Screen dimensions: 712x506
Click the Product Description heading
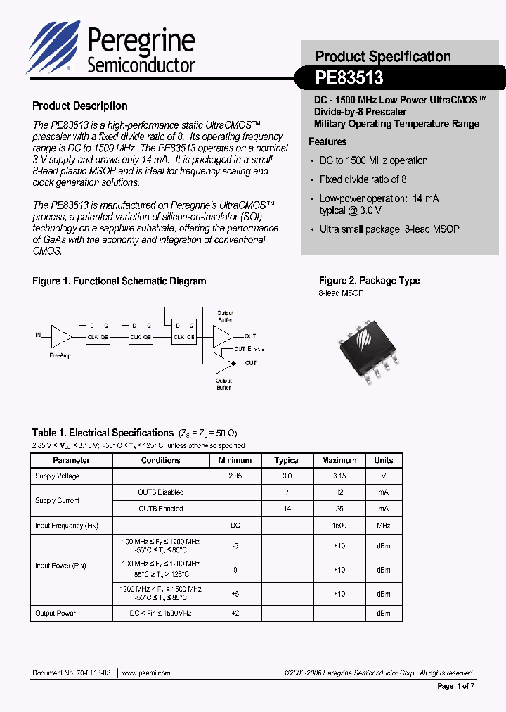(80, 106)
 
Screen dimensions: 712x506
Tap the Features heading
(327, 141)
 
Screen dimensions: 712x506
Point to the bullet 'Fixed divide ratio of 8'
(363, 179)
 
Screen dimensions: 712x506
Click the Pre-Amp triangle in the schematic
(61, 338)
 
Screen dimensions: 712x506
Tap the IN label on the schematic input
(39, 336)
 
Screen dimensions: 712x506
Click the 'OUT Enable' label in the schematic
(249, 349)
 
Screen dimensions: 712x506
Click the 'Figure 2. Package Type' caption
(369, 281)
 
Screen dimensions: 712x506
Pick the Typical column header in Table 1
(287, 461)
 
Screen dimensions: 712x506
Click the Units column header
(384, 461)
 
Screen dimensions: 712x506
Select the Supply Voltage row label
(58, 476)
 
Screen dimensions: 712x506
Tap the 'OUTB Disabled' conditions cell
(161, 492)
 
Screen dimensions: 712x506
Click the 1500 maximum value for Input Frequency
(339, 526)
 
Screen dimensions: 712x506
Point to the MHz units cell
(384, 526)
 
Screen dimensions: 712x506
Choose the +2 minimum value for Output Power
(235, 614)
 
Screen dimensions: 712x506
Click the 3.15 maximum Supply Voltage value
(339, 476)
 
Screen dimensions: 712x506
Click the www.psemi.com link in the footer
(146, 673)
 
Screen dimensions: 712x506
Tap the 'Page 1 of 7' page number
(456, 686)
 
